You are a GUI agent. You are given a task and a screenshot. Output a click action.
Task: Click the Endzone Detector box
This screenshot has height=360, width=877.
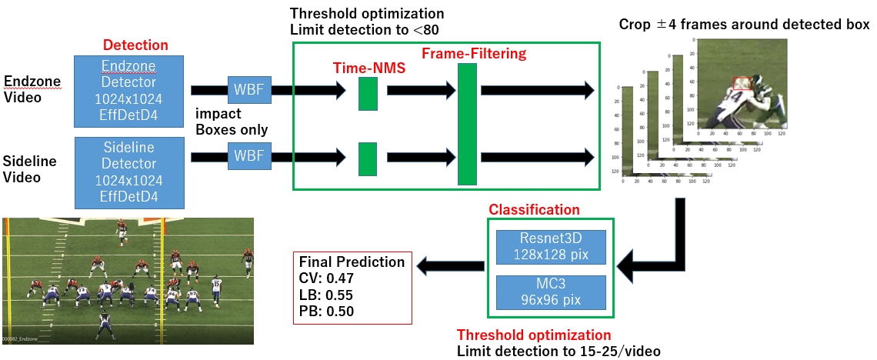point(129,91)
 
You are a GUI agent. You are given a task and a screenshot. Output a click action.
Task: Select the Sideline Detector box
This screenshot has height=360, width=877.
point(129,173)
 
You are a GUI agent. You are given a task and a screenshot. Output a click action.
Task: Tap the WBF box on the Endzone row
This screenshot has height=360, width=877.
point(250,91)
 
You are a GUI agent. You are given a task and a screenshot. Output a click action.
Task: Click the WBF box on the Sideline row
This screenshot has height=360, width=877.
point(250,156)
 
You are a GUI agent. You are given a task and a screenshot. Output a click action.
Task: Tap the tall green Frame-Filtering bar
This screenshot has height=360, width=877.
point(467,124)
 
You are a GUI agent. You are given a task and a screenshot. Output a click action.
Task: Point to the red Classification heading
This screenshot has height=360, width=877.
point(534,210)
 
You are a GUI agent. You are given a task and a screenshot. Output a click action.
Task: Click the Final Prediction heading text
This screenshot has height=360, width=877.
point(352,262)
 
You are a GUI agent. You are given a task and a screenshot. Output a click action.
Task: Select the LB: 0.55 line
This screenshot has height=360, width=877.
point(327,295)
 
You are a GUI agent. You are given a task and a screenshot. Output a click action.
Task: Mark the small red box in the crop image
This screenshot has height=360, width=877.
point(742,83)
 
